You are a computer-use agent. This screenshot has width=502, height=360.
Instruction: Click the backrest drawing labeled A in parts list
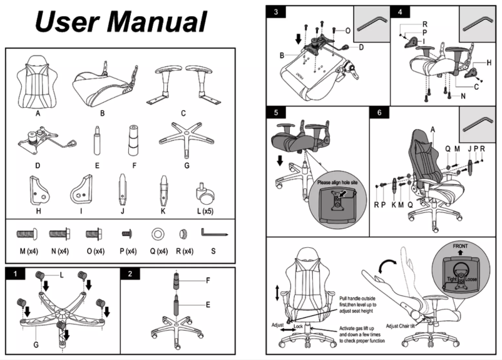tap(38, 82)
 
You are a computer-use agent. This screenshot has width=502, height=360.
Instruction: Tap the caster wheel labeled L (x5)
tap(203, 190)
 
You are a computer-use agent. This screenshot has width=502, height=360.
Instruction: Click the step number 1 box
tap(14, 274)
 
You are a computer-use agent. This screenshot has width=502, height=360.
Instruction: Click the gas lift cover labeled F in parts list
tap(132, 138)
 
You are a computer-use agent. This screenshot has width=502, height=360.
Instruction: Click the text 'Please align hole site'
tap(339, 182)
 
